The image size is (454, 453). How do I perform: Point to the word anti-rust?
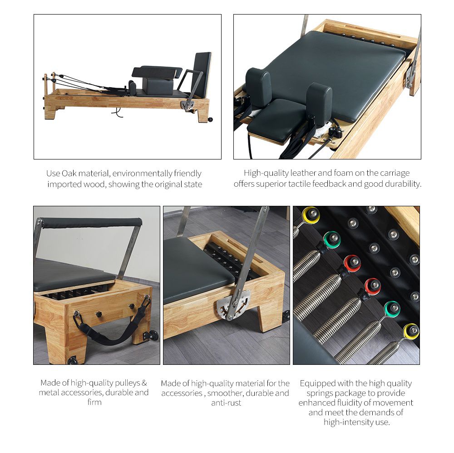226,403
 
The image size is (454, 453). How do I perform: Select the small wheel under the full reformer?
210,119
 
